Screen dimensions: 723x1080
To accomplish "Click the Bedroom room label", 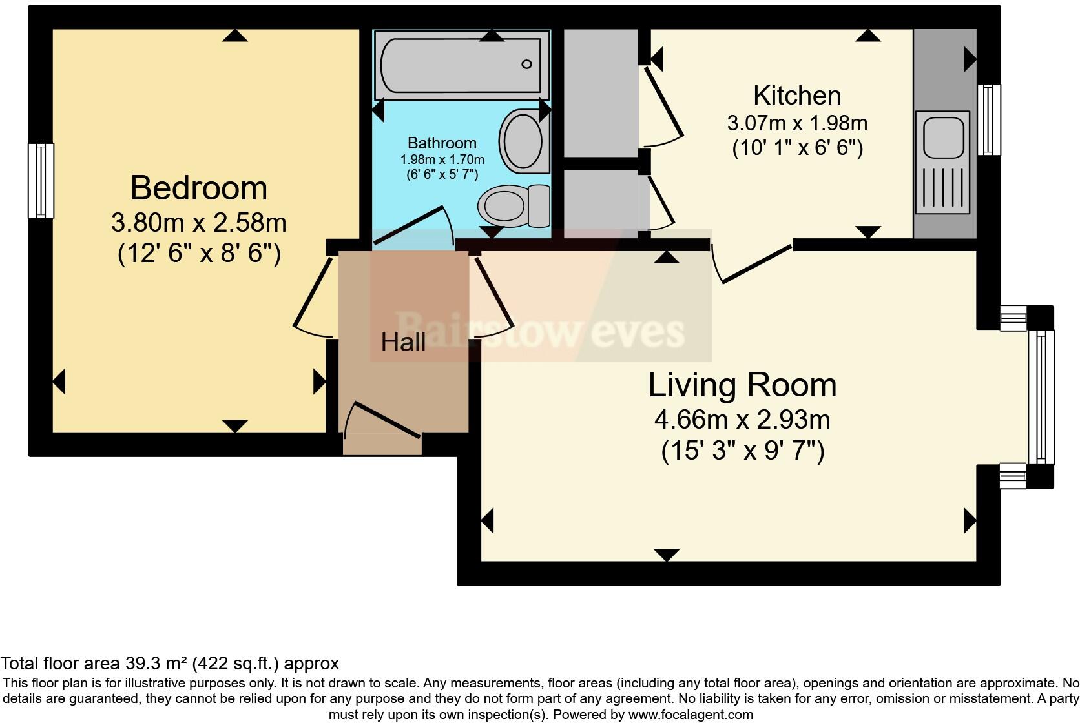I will [x=198, y=188].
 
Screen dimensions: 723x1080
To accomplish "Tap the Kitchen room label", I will [x=797, y=96].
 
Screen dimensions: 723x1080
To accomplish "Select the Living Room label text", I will [x=742, y=385].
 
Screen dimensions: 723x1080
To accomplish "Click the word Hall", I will [x=403, y=342].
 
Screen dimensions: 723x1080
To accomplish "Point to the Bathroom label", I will [x=442, y=143].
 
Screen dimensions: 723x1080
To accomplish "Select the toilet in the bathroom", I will [x=513, y=206].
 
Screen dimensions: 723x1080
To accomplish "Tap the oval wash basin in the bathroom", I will [x=522, y=141].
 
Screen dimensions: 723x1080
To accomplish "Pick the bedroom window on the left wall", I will [x=41, y=180].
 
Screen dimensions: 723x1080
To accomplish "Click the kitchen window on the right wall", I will [x=988, y=119].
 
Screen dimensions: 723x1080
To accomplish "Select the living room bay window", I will [x=1041, y=396].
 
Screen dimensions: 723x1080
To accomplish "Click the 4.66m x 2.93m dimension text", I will [x=742, y=420].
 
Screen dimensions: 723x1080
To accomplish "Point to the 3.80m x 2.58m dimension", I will [x=198, y=223].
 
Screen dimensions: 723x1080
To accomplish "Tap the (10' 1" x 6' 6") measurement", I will [x=797, y=148].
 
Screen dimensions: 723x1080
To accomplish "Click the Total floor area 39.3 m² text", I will [x=169, y=663].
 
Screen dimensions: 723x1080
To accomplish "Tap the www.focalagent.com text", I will [x=690, y=715].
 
